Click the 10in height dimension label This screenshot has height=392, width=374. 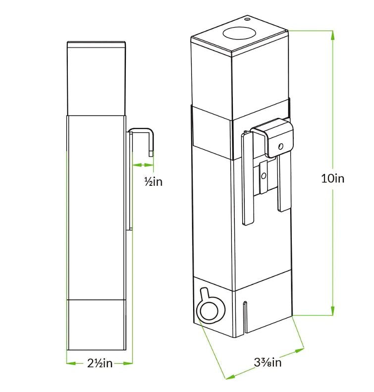point(332,178)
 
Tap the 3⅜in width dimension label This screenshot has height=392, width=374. point(267,362)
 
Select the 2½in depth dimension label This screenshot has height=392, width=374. point(100,363)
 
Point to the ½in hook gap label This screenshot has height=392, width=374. point(153,181)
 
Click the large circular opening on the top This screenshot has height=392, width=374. point(239,33)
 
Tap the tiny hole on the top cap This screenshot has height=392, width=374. point(247,19)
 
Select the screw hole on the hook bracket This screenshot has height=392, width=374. point(281,146)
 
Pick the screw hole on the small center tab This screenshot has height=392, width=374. point(264,176)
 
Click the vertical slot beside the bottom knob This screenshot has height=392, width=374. point(245,317)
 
